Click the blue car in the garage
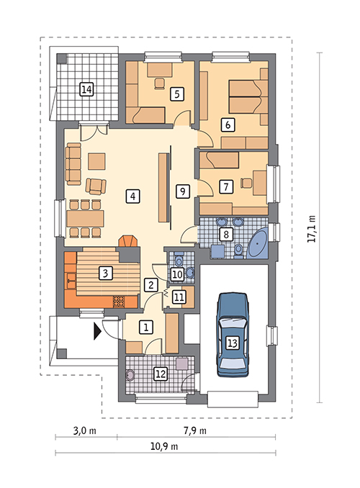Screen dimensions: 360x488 tap(233, 335)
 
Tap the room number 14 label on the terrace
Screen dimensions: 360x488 tap(86, 90)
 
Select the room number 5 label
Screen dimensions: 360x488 tap(177, 94)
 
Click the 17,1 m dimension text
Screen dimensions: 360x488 tap(312, 229)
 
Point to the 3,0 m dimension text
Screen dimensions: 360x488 tap(85, 430)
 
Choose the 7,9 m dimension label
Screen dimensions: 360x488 tap(195, 430)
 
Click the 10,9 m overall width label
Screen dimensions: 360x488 tap(164, 446)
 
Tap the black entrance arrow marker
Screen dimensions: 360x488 tap(97, 331)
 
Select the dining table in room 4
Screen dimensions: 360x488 tap(85, 219)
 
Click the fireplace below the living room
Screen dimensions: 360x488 tap(127, 241)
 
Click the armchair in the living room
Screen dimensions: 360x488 tap(96, 186)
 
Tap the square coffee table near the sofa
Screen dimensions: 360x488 tap(96, 161)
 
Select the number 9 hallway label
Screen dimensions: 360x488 tap(182, 191)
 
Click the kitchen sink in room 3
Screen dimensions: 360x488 tap(71, 281)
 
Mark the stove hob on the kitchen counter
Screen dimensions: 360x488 tap(119, 302)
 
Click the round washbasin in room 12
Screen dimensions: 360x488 tap(130, 375)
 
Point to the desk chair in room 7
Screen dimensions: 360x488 tap(246, 183)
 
